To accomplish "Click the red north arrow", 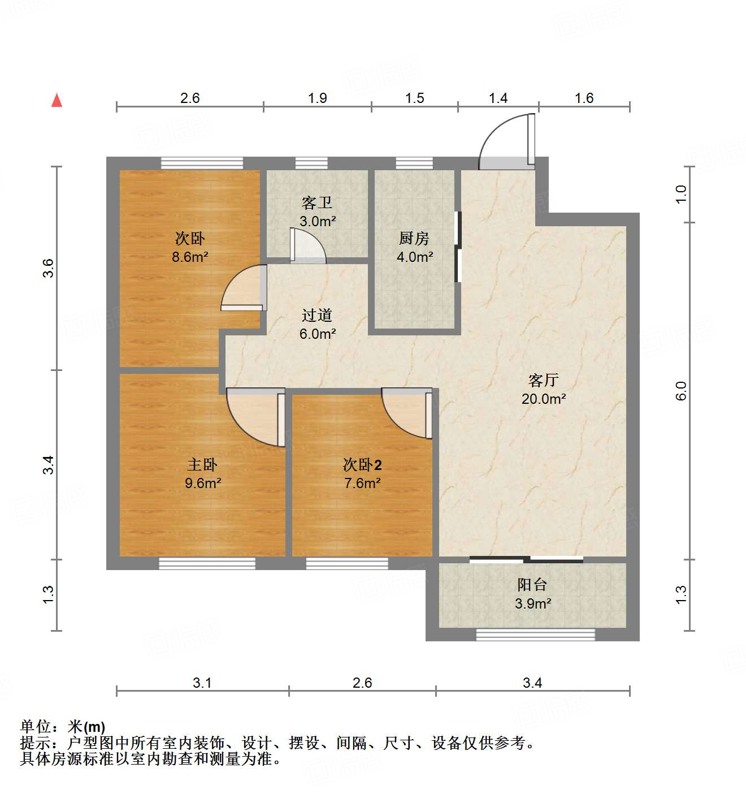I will (57, 100).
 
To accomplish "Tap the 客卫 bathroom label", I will (316, 202).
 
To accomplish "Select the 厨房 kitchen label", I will (414, 238).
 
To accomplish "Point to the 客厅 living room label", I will (544, 380).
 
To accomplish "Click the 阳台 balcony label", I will (532, 585).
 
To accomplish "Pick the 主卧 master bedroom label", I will (202, 465).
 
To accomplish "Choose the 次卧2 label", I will (362, 465).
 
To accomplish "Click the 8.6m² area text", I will (190, 257).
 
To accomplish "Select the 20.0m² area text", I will (544, 399).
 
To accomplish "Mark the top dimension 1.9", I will (318, 98).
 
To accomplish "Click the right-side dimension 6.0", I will (681, 391).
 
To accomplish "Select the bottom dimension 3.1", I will (202, 683).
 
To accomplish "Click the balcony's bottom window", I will (535, 635).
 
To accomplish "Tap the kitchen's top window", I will (414, 163).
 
